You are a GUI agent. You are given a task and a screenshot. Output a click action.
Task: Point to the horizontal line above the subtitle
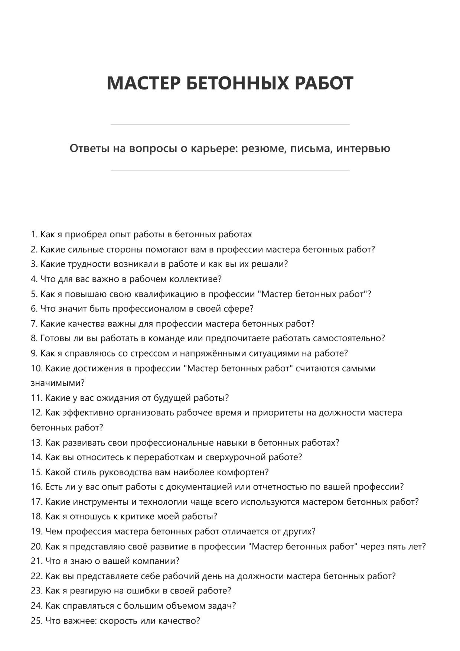pos(230,124)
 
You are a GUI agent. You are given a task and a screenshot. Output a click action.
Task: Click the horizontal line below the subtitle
pos(230,170)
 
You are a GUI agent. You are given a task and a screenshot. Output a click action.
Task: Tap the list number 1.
pos(34,235)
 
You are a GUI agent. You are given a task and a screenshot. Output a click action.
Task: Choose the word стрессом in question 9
pos(150,353)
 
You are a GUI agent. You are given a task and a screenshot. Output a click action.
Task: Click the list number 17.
pos(36,502)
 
